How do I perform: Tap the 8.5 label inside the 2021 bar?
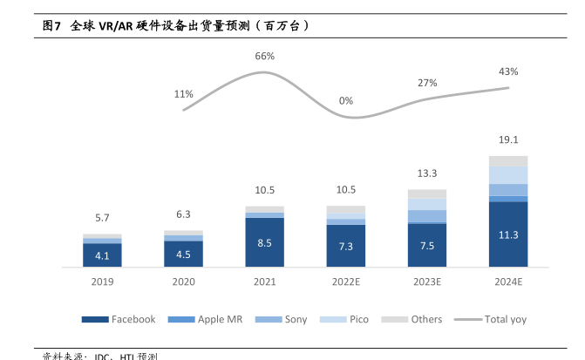(x=265, y=241)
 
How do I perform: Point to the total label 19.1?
(x=508, y=139)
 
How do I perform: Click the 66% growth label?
(x=265, y=57)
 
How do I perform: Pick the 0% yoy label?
(x=346, y=101)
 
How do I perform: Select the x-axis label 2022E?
(x=346, y=282)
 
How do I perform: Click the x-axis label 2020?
(x=183, y=282)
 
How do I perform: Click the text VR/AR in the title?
(x=116, y=26)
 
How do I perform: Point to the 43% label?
(x=508, y=71)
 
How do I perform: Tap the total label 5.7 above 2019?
(x=102, y=218)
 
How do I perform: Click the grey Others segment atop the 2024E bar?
(x=508, y=160)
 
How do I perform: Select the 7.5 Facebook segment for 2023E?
(x=427, y=245)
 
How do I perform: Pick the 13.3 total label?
(x=427, y=173)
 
